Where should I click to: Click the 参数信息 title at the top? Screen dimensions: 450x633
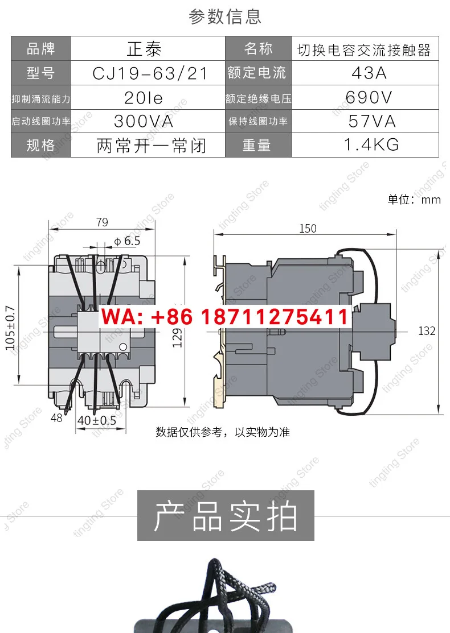tap(225, 16)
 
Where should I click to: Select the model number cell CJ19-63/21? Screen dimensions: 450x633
tap(150, 73)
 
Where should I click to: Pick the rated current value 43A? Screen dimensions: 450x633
tap(369, 73)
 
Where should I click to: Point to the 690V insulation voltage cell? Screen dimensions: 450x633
tap(369, 97)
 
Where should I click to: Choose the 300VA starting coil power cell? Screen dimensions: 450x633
tap(144, 121)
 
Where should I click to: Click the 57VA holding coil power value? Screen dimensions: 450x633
tap(372, 121)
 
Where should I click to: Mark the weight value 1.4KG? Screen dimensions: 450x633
tap(371, 144)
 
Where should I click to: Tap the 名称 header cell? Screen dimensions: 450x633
tap(258, 49)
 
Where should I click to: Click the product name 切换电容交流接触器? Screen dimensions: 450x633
tap(365, 50)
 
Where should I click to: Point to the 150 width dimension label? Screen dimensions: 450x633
tap(308, 229)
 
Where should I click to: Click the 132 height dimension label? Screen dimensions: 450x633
tap(427, 331)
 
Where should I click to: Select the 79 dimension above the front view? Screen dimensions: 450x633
tap(103, 222)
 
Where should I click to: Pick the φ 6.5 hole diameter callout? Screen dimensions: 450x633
tap(128, 241)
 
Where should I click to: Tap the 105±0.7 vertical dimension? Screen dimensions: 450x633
tap(10, 328)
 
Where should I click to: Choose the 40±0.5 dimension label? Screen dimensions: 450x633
tap(97, 420)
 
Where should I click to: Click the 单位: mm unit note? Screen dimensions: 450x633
tap(414, 200)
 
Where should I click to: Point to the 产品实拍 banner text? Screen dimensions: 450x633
tap(226, 516)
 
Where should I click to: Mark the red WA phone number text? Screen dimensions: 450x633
tap(225, 316)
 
